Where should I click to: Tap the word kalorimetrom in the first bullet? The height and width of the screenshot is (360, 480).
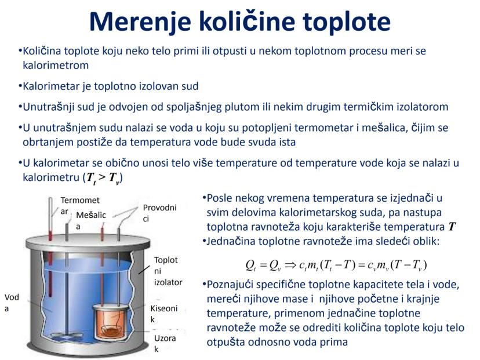click(56, 65)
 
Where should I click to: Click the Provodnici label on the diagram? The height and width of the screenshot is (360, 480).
click(159, 213)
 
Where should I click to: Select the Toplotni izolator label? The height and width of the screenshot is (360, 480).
click(168, 271)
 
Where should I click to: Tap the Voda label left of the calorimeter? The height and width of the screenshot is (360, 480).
click(12, 303)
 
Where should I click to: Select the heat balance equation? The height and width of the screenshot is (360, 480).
click(336, 265)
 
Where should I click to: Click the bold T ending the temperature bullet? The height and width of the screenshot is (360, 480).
click(452, 226)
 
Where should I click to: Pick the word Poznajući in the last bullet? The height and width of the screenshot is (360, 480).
click(231, 285)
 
